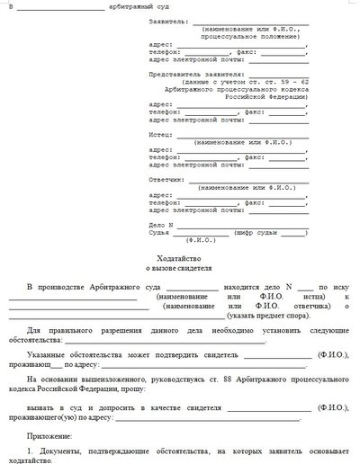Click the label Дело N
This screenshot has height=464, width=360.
tap(160, 222)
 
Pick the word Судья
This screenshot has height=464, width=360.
tap(157, 231)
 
